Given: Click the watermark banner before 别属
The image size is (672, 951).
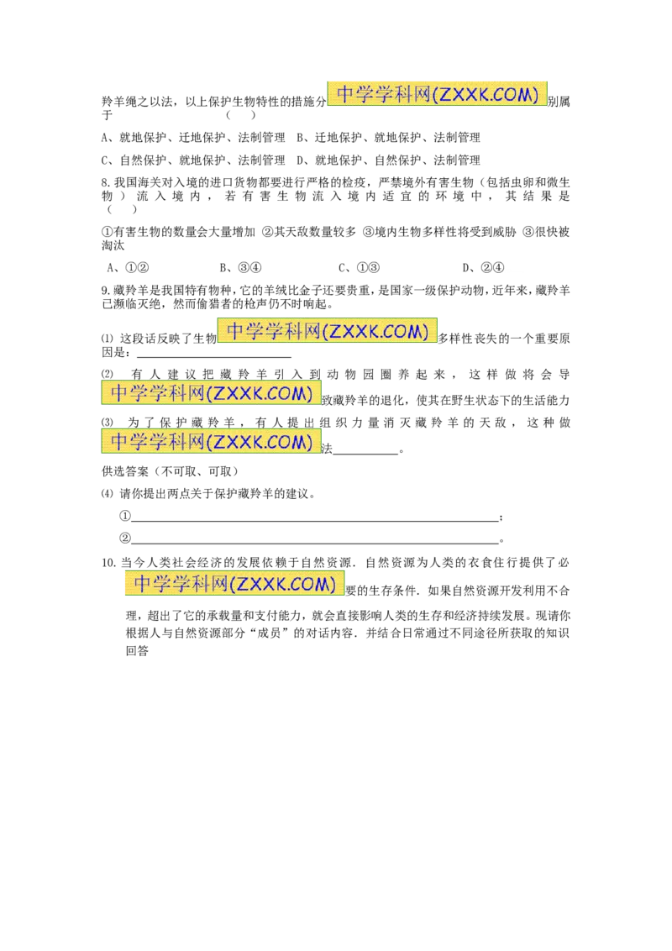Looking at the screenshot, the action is pos(437,94).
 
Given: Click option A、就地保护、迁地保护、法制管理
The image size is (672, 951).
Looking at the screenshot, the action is pos(193,138).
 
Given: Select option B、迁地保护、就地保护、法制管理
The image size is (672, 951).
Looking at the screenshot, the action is pos(388,138).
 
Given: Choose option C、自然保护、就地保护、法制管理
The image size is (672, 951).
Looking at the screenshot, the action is pos(193,160).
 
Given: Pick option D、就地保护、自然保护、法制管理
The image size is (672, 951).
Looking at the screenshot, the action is pos(388,160).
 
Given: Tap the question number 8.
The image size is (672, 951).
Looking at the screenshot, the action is pos(106,182).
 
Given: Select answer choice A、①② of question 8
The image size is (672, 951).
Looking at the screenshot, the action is pos(128,267).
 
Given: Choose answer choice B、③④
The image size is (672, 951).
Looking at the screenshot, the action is pos(240,267).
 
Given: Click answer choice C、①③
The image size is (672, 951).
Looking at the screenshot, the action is pos(359,267).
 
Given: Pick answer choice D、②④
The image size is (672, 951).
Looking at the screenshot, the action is pos(483,267).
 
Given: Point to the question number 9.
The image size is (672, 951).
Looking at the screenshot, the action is pos(106,291).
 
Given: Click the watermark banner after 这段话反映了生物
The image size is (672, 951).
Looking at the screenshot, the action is pos(327,330).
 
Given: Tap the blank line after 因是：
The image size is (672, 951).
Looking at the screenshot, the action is pos(214,357).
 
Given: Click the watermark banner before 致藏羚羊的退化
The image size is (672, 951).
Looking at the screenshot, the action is pos(211,393).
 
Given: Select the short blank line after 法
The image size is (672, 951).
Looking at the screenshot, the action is pos(365,454).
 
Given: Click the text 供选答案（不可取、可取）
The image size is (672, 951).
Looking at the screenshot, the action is pos(170,471).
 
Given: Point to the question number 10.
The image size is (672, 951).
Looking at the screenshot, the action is pos(108,563).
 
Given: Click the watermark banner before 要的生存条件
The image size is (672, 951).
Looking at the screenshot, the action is pos(234,583).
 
